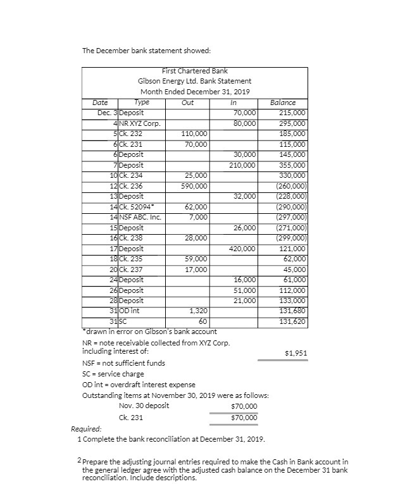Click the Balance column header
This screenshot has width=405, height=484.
283,102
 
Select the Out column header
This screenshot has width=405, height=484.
187,102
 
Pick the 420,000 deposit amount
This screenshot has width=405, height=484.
243,249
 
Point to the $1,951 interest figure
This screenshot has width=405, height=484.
295,352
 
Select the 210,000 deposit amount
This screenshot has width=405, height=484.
243,165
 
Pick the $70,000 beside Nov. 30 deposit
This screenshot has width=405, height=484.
245,406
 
